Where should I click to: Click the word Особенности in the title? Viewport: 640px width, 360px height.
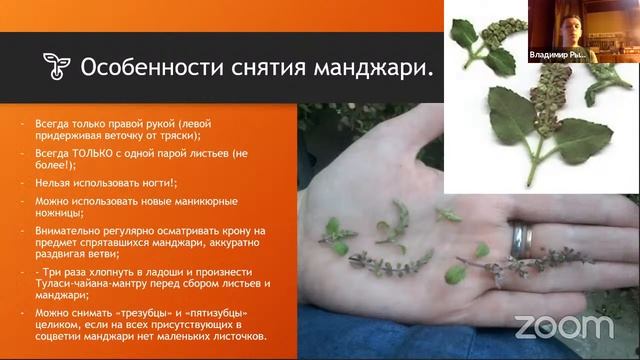point(145,68)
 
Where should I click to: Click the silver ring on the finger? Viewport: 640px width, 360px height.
point(522,239)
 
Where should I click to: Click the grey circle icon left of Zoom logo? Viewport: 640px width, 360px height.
point(523,326)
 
